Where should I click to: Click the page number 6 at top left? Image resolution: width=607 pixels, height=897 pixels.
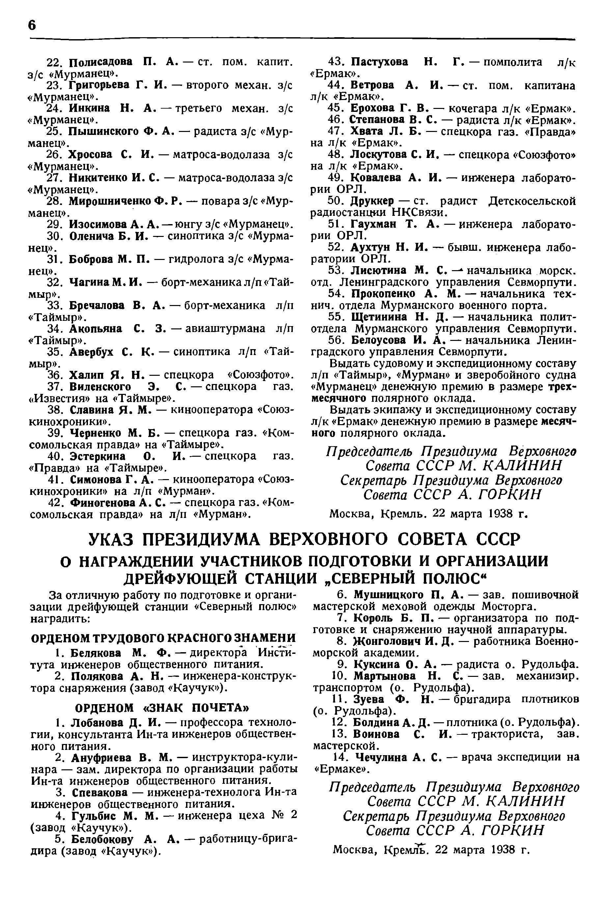(32, 25)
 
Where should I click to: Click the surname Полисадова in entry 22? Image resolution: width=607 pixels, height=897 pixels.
(100, 62)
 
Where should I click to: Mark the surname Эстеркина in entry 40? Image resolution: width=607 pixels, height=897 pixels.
(97, 456)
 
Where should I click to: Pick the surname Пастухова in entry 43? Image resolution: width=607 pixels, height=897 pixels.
(379, 62)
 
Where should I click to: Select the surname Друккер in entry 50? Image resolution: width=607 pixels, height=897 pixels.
(372, 201)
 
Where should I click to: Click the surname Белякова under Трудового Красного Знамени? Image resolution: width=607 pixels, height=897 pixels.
(96, 653)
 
